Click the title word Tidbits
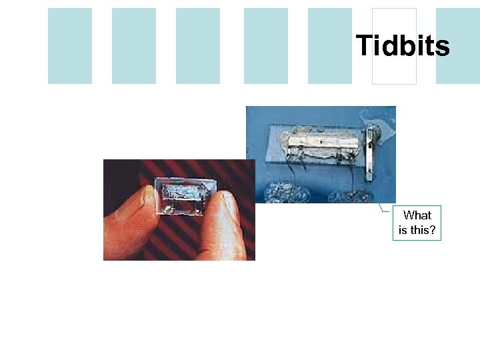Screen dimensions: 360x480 click(x=403, y=46)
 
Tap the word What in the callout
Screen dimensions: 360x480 click(x=417, y=215)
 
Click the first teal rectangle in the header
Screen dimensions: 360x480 click(x=70, y=46)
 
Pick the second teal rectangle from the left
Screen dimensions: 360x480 click(x=134, y=46)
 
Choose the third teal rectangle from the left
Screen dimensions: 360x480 click(x=198, y=46)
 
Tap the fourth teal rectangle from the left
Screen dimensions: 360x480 click(x=265, y=46)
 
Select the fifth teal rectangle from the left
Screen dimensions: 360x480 click(x=330, y=46)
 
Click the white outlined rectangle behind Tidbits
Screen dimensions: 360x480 click(x=394, y=73)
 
